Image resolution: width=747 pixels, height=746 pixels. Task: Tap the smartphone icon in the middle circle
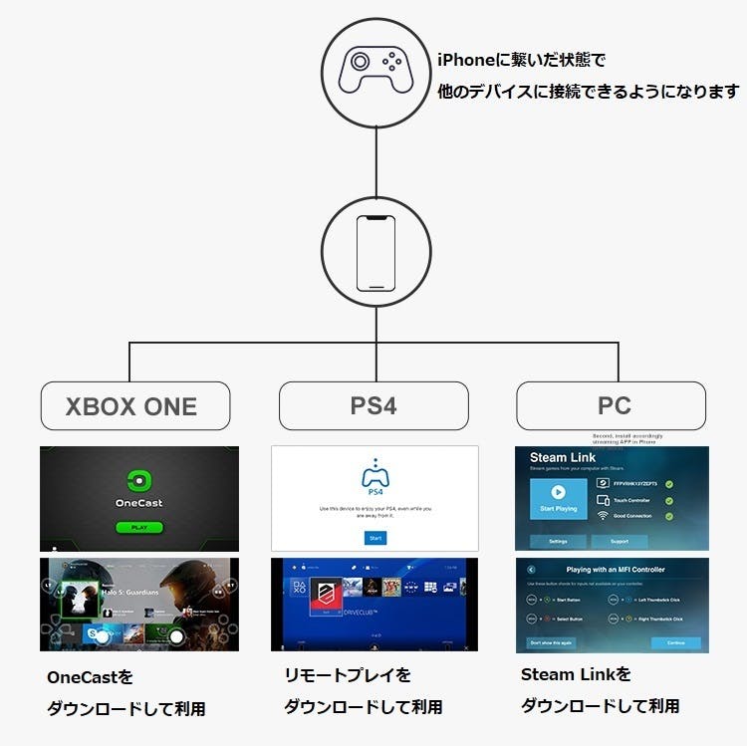click(375, 253)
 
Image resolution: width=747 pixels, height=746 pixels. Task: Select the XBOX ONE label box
click(133, 406)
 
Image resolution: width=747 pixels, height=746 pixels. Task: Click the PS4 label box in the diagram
click(373, 406)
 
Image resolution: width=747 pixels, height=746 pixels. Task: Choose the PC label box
click(612, 406)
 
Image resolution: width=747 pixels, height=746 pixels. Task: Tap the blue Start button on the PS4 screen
click(374, 538)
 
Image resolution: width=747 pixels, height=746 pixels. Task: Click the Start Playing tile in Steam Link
click(558, 497)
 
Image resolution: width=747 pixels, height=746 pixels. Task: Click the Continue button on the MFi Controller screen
click(676, 642)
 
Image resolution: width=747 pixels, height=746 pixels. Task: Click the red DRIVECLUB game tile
click(323, 603)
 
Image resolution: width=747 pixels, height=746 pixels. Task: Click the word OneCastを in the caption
click(90, 677)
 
